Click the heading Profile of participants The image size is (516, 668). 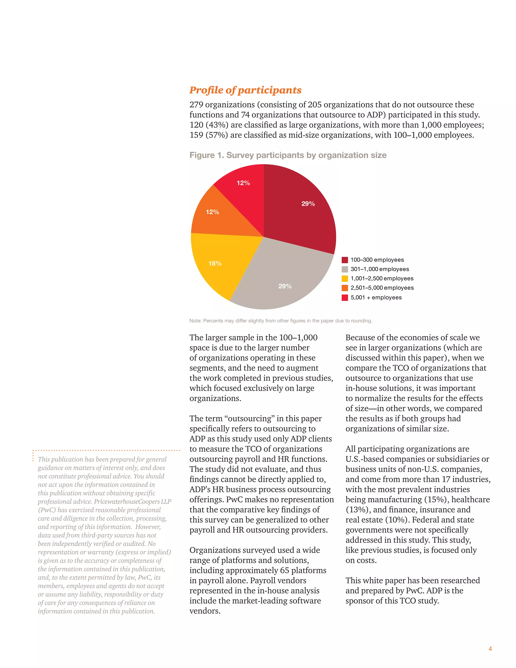(245, 90)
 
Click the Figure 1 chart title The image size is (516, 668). (288, 155)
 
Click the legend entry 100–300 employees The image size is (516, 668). (377, 260)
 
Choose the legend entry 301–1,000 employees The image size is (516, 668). (379, 269)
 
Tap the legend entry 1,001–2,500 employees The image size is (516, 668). (381, 278)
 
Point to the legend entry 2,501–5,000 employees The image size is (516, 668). (382, 288)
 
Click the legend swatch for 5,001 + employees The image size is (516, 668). (344, 298)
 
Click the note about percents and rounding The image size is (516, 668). (281, 321)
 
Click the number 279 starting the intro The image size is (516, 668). (196, 105)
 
